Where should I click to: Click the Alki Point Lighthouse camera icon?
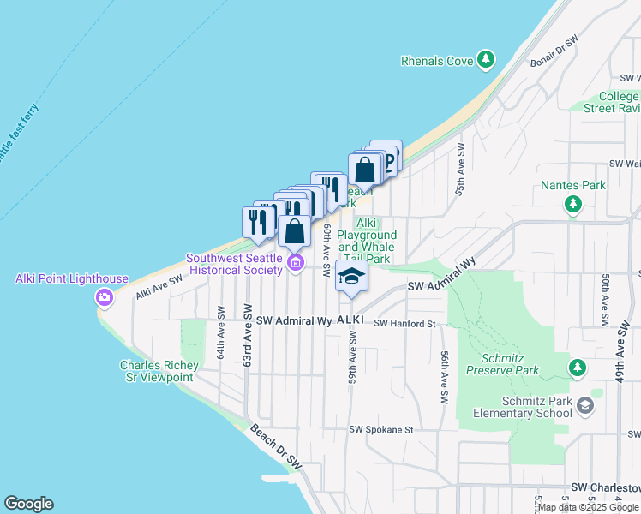tap(105, 297)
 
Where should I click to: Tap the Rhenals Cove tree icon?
tap(487, 59)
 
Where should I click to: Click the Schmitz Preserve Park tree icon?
tap(578, 368)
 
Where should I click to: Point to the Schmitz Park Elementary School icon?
tap(585, 405)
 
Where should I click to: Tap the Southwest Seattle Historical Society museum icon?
tap(297, 262)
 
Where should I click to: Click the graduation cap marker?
tap(351, 277)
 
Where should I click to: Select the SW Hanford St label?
tap(406, 323)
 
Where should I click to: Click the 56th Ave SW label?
tap(445, 377)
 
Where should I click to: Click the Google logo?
tap(28, 504)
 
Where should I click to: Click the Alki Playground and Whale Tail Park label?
tap(366, 241)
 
